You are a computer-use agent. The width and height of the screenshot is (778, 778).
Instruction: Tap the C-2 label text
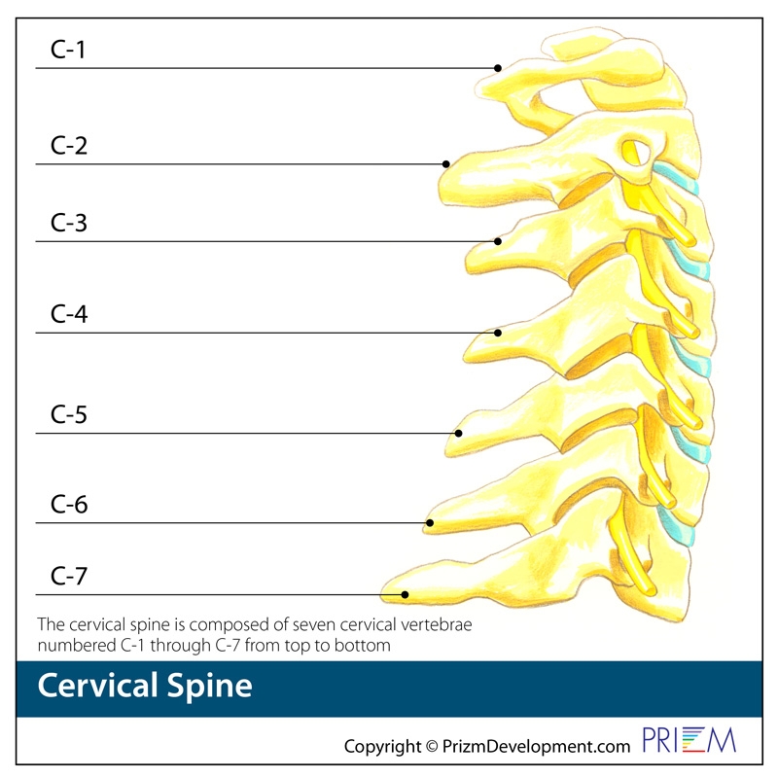click(69, 146)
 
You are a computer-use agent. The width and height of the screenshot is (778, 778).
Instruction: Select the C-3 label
click(69, 224)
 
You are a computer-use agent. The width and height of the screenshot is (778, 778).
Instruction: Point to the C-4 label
click(69, 315)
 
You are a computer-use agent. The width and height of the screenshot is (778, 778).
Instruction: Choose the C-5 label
click(69, 415)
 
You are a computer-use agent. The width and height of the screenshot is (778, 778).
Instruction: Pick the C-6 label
click(69, 506)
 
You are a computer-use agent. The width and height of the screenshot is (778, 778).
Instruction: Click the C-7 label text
click(69, 577)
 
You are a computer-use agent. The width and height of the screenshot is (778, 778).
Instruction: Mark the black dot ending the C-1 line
click(498, 68)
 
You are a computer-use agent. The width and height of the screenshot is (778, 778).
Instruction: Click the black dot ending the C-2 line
click(446, 164)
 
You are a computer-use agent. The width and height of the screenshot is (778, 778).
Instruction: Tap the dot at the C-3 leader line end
click(498, 241)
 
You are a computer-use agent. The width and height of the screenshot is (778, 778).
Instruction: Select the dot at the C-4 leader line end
click(498, 333)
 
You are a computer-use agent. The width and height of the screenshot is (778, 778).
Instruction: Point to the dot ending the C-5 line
click(459, 433)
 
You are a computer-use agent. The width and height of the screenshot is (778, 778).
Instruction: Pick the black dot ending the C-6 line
click(428, 523)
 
